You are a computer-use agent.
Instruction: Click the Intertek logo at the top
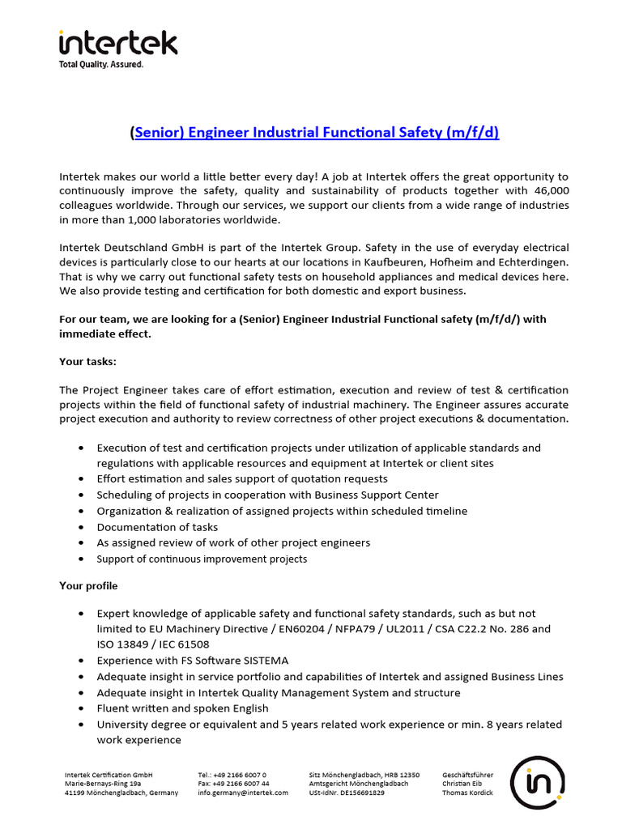click(x=117, y=43)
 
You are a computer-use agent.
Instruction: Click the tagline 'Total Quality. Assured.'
click(x=101, y=65)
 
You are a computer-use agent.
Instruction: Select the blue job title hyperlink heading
click(x=317, y=132)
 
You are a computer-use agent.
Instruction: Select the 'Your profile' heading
click(x=88, y=585)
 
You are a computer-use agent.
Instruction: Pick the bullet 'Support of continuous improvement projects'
click(x=202, y=559)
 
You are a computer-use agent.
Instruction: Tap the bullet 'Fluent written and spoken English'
click(x=182, y=708)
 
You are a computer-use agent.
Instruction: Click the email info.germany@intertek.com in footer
click(x=243, y=793)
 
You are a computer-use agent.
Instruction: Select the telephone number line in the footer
click(x=232, y=775)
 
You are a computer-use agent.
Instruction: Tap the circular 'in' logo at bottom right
click(x=537, y=783)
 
